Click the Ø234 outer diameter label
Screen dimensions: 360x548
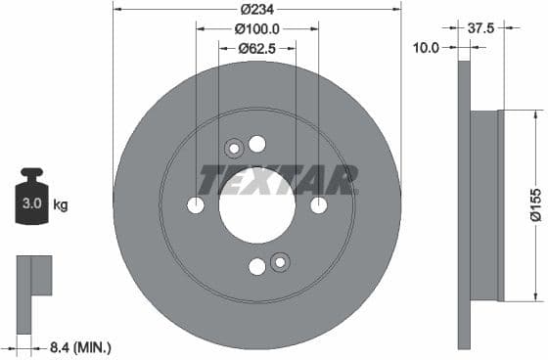[x=257, y=10]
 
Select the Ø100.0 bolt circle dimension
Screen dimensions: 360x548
[x=257, y=29]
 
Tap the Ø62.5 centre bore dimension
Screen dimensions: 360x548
[x=257, y=48]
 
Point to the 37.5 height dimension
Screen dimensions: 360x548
[x=479, y=28]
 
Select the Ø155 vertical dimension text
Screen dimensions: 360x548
[x=535, y=205]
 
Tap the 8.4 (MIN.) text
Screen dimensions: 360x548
[x=81, y=346]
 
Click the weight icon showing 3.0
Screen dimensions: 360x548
[x=31, y=202]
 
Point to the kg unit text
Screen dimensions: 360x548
[x=61, y=205]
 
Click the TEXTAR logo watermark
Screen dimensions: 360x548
[x=277, y=180]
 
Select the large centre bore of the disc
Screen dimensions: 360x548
[x=256, y=205]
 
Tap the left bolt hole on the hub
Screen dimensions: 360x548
[x=196, y=205]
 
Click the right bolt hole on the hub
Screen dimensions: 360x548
[x=318, y=205]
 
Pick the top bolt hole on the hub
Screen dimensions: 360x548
[x=257, y=144]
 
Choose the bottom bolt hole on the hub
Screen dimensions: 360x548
[x=257, y=266]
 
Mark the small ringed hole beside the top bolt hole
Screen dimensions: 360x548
[x=234, y=149]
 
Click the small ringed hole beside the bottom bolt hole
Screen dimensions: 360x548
[x=280, y=261]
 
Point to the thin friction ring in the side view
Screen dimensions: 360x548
[x=464, y=205]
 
